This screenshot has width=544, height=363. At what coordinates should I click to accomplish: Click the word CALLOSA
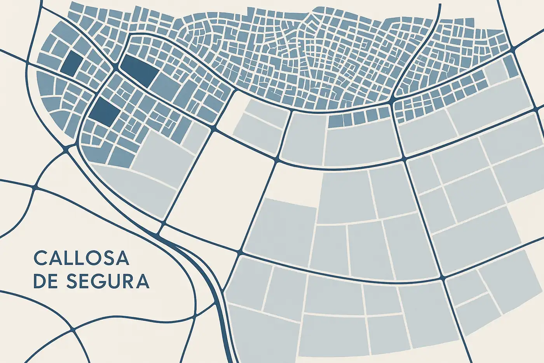(81, 258)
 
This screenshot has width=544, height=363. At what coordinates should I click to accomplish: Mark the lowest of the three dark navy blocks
(105, 110)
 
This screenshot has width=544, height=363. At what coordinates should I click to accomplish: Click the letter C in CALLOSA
(40, 258)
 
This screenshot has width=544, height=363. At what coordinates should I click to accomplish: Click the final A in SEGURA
(143, 281)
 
